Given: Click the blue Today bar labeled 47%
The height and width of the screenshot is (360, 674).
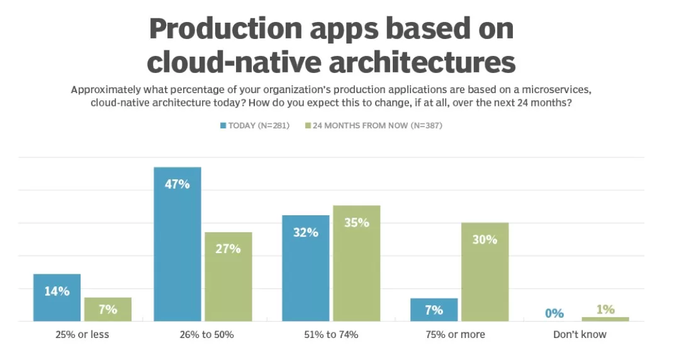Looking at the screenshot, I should pos(177,245).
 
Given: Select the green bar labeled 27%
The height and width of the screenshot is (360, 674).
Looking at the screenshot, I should pos(228,277).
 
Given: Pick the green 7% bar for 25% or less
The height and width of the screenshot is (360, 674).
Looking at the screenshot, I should pos(108,309).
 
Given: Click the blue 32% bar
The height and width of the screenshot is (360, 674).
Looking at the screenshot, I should pos(306,268).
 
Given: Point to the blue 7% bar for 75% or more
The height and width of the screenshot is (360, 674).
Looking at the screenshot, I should pos(434,310).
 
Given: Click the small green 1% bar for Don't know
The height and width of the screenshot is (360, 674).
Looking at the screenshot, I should pos(605,319).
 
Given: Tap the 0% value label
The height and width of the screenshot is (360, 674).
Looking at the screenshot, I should pos(554,313).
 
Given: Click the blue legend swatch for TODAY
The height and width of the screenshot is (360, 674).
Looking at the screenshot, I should pos(223,126).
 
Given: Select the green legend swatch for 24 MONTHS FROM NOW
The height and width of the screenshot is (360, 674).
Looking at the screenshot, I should pos(308,126).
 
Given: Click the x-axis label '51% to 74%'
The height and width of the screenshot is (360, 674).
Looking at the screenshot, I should pos(331,335).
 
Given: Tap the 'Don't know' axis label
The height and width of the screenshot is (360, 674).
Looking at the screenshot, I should pos(580,335).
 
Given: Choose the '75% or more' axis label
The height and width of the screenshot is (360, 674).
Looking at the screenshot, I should pos(455,335).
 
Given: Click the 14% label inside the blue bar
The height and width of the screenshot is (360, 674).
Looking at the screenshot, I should pos(57,291).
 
